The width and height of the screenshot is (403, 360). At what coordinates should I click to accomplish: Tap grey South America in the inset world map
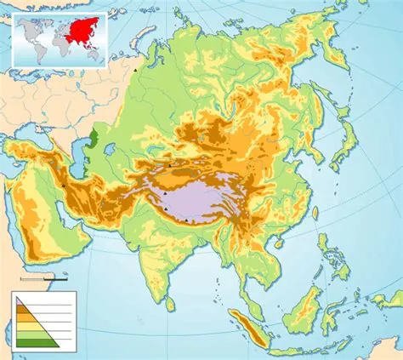37,48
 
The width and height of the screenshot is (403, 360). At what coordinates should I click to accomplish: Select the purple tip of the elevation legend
19,300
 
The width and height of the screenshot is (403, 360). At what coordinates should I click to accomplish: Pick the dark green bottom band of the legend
39,341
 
